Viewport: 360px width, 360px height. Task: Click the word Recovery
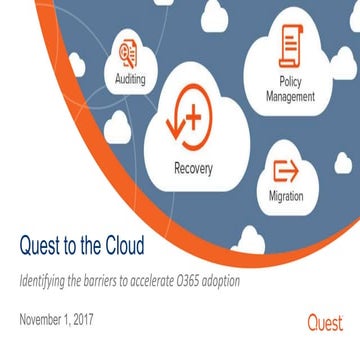[192, 169]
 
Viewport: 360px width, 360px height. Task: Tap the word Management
[290, 97]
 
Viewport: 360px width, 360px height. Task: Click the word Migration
[286, 197]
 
